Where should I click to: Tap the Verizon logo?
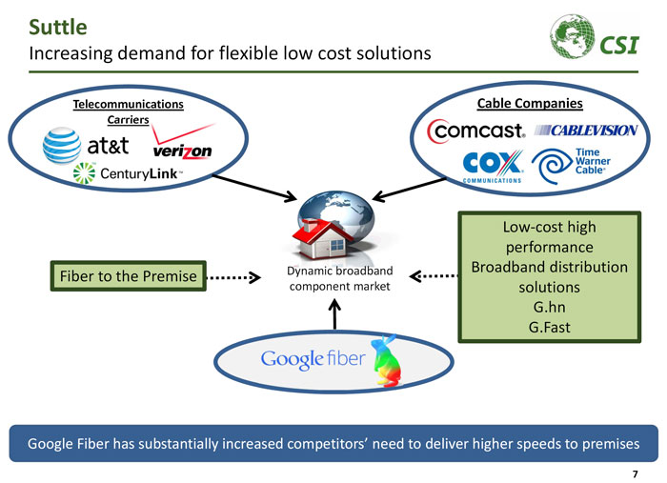(x=181, y=147)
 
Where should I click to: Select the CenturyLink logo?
(x=124, y=176)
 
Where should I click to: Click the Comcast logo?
(x=475, y=131)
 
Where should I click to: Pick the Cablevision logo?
(x=586, y=130)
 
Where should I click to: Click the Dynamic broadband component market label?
(x=333, y=279)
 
